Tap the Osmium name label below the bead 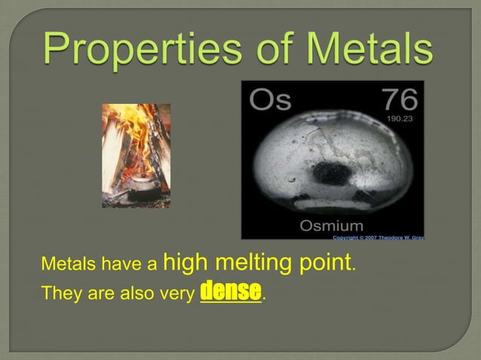(x=331, y=226)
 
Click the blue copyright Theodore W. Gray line (x=378, y=237)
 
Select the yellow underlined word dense (x=231, y=291)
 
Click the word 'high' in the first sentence (x=185, y=264)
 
